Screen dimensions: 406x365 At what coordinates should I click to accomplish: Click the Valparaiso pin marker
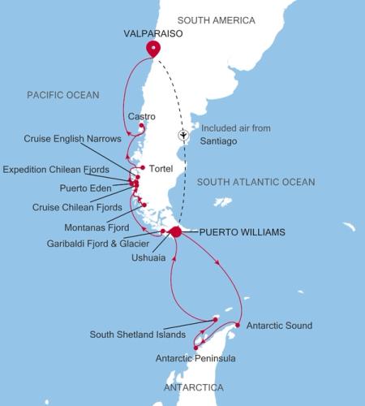pyautogui.click(x=152, y=48)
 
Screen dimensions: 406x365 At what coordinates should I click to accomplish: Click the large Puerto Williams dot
pyautogui.click(x=176, y=232)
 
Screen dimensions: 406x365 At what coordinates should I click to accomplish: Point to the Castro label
pyautogui.click(x=142, y=117)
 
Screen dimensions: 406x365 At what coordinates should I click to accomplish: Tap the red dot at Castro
pyautogui.click(x=142, y=126)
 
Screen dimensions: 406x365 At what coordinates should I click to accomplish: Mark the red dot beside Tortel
pyautogui.click(x=142, y=168)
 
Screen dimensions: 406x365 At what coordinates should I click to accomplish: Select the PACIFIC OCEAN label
pyautogui.click(x=62, y=95)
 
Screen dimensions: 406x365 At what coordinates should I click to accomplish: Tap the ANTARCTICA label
pyautogui.click(x=192, y=388)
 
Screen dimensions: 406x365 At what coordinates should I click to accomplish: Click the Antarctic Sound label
pyautogui.click(x=278, y=326)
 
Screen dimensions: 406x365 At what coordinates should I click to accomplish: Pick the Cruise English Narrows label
pyautogui.click(x=72, y=139)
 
